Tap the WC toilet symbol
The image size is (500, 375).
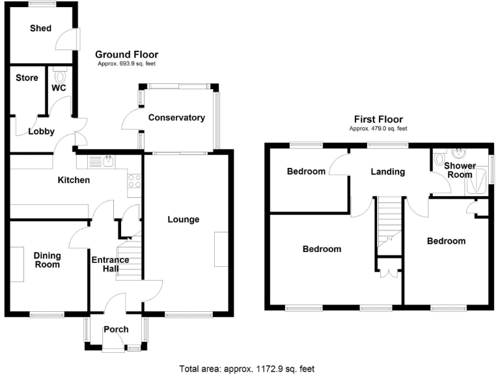pyautogui.click(x=61, y=76)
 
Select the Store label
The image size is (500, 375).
pyautogui.click(x=27, y=78)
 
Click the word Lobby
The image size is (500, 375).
pyautogui.click(x=41, y=132)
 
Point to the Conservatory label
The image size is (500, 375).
pyautogui.click(x=176, y=118)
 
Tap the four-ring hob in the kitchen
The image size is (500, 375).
pyautogui.click(x=135, y=180)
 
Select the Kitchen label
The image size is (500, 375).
pyautogui.click(x=72, y=180)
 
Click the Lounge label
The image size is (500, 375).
pyautogui.click(x=183, y=219)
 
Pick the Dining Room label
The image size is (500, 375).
pyautogui.click(x=47, y=260)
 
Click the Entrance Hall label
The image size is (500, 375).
pyautogui.click(x=109, y=264)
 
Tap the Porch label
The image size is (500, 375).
pyautogui.click(x=116, y=329)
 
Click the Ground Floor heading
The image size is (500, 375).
pyautogui.click(x=126, y=55)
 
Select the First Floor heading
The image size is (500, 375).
pyautogui.click(x=378, y=119)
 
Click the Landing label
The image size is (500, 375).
pyautogui.click(x=388, y=172)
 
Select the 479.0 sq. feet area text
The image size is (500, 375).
pyautogui.click(x=378, y=129)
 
